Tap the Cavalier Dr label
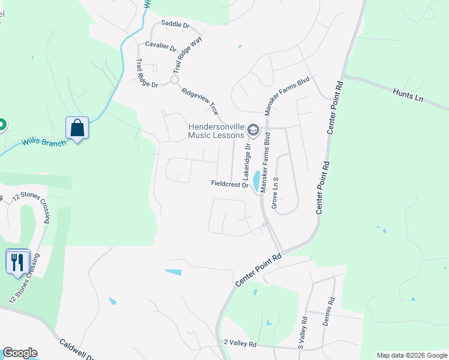tap(160, 47)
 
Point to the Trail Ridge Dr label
tap(146, 74)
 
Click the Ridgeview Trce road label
tap(200, 102)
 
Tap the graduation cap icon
tap(253, 130)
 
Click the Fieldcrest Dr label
tap(230, 184)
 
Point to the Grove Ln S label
tap(276, 192)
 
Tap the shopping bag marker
tap(77, 128)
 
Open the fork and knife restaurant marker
tap(17, 261)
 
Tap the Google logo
tap(20, 353)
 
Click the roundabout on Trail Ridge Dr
tap(175, 80)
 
